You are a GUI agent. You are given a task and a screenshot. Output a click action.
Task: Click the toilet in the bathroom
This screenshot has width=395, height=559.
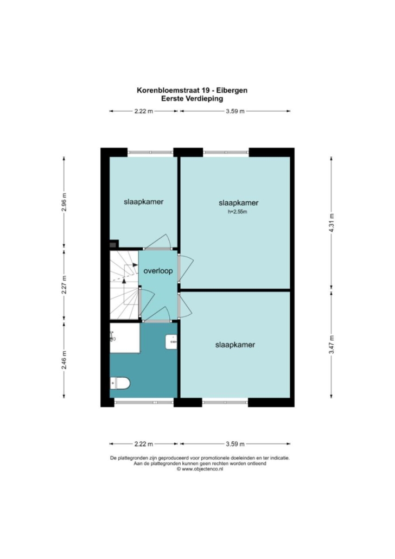[120, 383]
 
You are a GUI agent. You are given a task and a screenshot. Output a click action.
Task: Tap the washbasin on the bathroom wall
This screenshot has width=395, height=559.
[171, 342]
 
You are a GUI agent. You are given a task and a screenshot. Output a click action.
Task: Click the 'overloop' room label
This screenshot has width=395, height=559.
[158, 271]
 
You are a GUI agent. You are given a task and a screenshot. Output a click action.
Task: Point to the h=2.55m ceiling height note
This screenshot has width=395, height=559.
[238, 212]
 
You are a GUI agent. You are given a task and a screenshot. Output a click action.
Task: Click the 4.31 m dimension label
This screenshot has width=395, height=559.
[332, 224]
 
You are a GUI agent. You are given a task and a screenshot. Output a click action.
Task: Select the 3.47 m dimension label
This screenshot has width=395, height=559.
[332, 345]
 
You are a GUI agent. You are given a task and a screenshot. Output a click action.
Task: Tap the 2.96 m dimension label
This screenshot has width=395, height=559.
[64, 202]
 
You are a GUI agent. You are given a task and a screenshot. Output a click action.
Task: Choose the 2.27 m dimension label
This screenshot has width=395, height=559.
[64, 285]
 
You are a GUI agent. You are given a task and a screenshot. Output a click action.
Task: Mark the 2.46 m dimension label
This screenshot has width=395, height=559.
[64, 360]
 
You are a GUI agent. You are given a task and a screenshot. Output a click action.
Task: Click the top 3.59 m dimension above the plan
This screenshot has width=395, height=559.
[235, 111]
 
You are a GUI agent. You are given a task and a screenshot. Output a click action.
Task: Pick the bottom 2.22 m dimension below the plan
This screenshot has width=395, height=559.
[144, 444]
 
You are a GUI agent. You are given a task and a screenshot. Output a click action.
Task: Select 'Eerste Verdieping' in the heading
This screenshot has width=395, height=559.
[192, 99]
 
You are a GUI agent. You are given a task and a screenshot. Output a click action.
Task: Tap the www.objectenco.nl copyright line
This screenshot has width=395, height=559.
[200, 469]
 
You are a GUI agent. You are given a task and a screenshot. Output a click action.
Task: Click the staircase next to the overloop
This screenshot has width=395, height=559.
[124, 285]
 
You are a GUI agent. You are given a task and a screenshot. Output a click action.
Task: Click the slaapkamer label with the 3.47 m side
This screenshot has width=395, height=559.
[235, 345]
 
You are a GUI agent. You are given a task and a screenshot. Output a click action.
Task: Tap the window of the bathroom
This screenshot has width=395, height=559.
[144, 402]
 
